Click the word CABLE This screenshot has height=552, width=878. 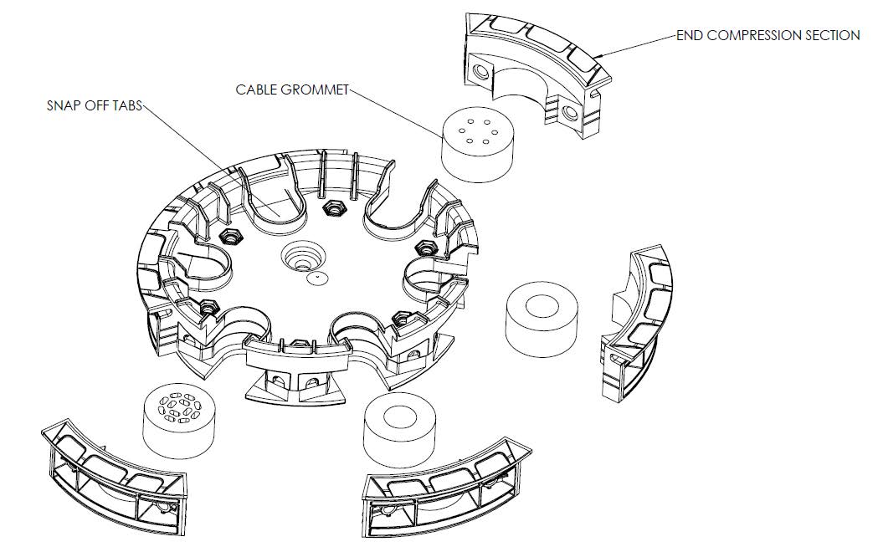pyautogui.click(x=254, y=89)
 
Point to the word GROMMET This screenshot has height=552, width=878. pyautogui.click(x=312, y=89)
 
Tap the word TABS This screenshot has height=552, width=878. pyautogui.click(x=128, y=105)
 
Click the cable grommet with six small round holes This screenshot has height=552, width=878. pyautogui.click(x=479, y=145)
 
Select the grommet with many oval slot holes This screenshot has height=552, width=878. pyautogui.click(x=180, y=423)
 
